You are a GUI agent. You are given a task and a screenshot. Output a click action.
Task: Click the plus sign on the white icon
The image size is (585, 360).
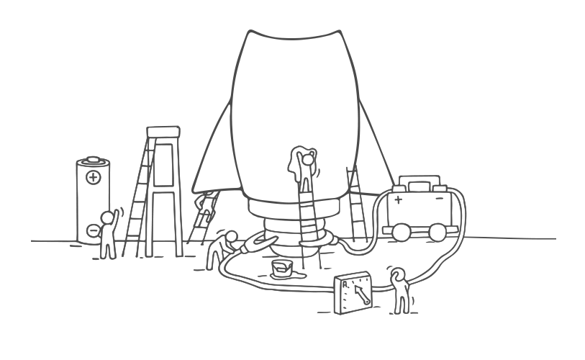point(399,199)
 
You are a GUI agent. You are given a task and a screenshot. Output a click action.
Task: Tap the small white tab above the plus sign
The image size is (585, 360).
point(399,189)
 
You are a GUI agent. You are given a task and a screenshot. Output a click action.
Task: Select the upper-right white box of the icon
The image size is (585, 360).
point(414,186)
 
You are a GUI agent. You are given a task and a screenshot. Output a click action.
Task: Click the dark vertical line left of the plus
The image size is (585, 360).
point(389,205)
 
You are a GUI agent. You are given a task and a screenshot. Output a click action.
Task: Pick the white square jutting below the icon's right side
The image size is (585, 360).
point(414,220)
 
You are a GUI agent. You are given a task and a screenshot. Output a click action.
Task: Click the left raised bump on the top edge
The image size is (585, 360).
point(253,30)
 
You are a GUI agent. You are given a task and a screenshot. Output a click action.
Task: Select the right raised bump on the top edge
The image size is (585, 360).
point(333,30)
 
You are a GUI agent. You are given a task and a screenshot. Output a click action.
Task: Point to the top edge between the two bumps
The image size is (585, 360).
point(294,35)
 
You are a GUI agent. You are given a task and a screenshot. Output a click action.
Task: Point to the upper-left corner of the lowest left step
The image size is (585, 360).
point(77,157)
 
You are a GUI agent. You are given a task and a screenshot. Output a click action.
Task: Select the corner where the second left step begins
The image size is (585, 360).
point(145,122)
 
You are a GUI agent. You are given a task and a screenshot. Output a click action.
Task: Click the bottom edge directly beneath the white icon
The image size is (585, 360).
point(400,315)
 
